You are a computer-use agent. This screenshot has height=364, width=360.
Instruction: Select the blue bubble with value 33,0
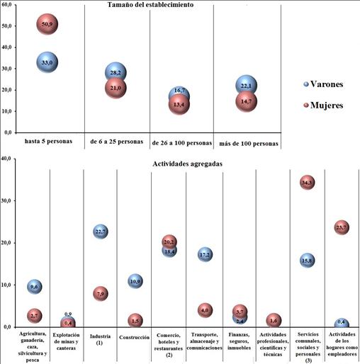tap(48, 62)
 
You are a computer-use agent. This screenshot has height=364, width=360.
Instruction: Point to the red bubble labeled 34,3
tap(307, 183)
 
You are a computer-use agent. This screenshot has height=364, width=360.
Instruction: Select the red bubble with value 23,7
tap(342, 227)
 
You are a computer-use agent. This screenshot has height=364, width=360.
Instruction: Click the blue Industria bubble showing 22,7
tap(100, 232)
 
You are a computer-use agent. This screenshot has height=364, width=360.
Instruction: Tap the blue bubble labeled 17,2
tap(205, 254)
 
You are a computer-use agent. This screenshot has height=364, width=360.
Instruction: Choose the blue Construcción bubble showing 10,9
tap(135, 281)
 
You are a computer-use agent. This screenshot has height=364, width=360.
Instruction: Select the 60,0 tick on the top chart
tap(9, 5)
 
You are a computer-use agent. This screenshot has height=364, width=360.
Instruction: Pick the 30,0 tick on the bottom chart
tap(9, 200)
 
